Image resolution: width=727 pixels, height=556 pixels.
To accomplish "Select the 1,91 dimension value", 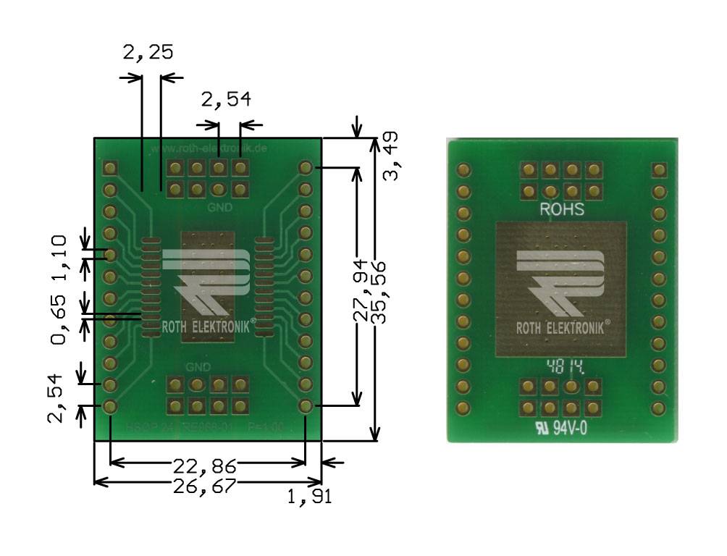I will pyautogui.click(x=309, y=497).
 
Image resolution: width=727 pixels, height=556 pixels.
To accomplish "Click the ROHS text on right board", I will pyautogui.click(x=562, y=210).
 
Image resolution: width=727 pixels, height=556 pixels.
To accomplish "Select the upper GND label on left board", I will pyautogui.click(x=219, y=207).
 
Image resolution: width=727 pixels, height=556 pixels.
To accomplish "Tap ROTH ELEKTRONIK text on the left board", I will pyautogui.click(x=206, y=327).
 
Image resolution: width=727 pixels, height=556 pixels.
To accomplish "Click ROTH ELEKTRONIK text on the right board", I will pyautogui.click(x=562, y=327).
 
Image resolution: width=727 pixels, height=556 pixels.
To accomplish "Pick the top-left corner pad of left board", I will pyautogui.click(x=110, y=168).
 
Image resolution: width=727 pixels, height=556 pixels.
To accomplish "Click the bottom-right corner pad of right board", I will pyautogui.click(x=658, y=408).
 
